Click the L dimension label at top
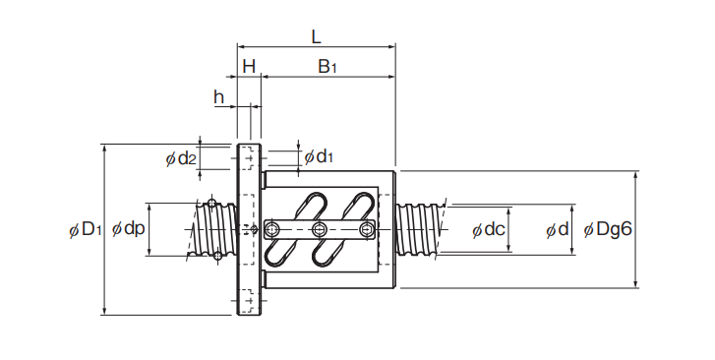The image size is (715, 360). tap(316, 37)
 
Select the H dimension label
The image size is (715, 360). tap(249, 67)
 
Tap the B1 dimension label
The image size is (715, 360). tap(328, 67)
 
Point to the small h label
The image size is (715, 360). tap(219, 96)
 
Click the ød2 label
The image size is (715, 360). tap(181, 158)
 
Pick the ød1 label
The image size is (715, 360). tap(319, 156)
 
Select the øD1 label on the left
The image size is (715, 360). tap(86, 229)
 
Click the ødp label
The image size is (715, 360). tap(129, 228)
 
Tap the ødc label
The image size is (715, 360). tap(489, 229)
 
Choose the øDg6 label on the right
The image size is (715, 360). tap(608, 229)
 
